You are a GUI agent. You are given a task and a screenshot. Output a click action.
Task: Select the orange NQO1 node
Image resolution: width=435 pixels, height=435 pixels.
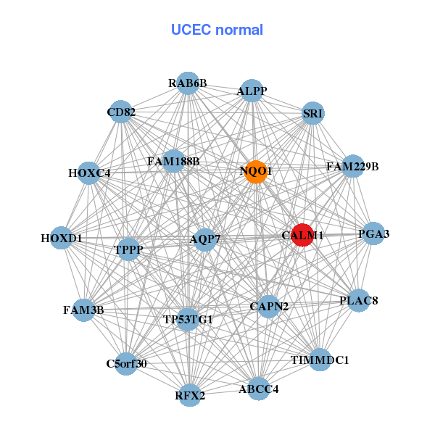tap(255, 172)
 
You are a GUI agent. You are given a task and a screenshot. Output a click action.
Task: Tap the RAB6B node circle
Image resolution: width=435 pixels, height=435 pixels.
tap(188, 83)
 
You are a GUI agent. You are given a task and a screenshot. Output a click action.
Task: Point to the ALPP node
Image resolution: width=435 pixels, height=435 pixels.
tap(252, 91)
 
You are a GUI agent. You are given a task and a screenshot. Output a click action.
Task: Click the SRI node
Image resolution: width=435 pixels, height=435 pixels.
tap(312, 113)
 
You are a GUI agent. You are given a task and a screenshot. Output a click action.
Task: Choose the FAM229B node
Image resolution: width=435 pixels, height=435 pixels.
tap(352, 167)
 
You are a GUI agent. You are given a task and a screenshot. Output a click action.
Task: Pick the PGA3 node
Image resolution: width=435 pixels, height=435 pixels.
tap(373, 233)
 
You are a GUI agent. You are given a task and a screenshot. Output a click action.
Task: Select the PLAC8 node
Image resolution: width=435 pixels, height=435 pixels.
tap(359, 300)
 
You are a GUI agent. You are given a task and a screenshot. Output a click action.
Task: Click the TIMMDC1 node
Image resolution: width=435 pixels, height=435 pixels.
tap(320, 360)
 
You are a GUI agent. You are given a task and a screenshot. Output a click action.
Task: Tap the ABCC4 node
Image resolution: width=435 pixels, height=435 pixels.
tap(259, 389)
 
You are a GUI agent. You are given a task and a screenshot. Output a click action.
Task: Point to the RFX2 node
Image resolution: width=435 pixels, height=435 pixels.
tap(190, 395)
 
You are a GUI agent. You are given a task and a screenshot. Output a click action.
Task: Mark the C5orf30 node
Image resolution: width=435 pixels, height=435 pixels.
tap(126, 363)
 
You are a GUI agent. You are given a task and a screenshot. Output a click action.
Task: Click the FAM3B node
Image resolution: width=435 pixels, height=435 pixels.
tap(84, 310)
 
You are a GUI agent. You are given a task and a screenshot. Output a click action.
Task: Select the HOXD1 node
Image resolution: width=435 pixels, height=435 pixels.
tap(62, 238)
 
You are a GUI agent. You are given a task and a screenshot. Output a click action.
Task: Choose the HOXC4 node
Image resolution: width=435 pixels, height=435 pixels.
tap(89, 173)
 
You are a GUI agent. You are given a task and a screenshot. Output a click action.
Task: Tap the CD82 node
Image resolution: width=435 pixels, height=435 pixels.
tap(121, 112)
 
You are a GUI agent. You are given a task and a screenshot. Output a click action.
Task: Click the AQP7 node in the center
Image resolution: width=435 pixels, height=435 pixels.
tap(204, 239)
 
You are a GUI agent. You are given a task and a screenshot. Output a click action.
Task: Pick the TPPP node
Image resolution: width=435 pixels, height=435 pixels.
tap(129, 250)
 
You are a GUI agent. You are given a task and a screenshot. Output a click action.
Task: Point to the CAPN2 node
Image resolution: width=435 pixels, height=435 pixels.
tap(269, 307)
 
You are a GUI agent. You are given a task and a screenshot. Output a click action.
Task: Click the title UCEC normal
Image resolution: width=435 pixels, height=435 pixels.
tap(217, 30)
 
